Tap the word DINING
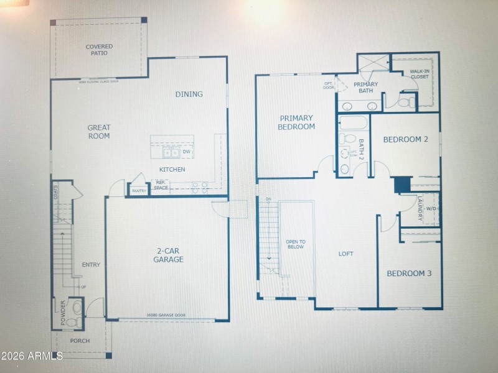(189, 94)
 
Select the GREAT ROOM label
(98, 131)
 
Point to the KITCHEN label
(172, 169)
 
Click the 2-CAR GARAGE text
(169, 256)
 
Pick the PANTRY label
(139, 191)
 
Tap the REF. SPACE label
(161, 185)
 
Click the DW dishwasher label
(186, 151)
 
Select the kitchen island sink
(169, 152)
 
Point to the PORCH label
(80, 341)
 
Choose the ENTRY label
(91, 265)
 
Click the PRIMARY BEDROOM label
(297, 122)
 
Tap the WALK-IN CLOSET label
(419, 74)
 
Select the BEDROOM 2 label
(405, 139)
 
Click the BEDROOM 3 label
(409, 274)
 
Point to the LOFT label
(345, 254)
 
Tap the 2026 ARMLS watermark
(32, 356)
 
